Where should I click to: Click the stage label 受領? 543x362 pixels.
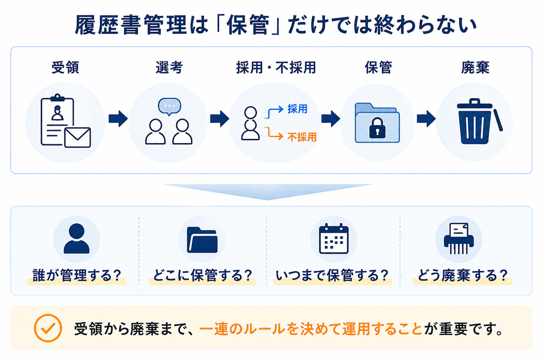click(x=65, y=67)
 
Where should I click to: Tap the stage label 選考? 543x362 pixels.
click(x=169, y=67)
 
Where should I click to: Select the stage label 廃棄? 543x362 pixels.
click(x=475, y=67)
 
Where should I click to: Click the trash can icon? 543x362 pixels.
click(x=479, y=121)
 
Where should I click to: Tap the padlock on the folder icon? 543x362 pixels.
click(x=377, y=128)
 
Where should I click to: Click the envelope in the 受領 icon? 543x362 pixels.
click(x=77, y=137)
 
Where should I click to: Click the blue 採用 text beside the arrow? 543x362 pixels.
click(x=297, y=109)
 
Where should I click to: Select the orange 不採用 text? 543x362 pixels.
click(x=302, y=137)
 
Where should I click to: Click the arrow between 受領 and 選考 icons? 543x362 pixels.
click(x=118, y=119)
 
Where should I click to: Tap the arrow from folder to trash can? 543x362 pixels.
click(x=426, y=119)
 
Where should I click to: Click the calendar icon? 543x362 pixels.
click(x=334, y=239)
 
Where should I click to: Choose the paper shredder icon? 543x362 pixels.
click(x=459, y=239)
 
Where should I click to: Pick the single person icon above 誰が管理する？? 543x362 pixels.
click(x=76, y=239)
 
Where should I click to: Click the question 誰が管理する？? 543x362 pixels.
click(x=77, y=276)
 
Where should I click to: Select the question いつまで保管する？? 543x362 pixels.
click(x=332, y=276)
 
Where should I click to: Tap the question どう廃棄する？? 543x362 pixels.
click(x=462, y=276)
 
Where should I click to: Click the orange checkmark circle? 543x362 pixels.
click(x=48, y=328)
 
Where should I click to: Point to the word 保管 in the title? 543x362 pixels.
click(x=247, y=25)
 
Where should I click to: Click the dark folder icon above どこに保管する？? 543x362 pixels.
click(x=202, y=240)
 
